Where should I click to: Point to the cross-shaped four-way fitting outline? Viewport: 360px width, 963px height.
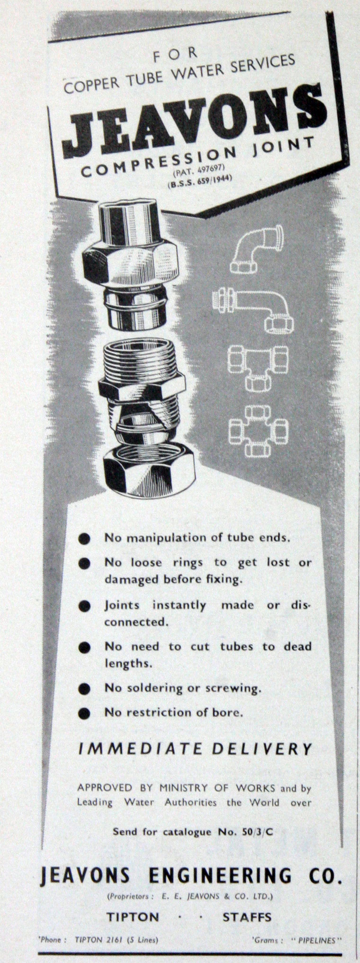tap(258, 431)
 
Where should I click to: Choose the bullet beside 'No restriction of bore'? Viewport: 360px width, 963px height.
tap(85, 713)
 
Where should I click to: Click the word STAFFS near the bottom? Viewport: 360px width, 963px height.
tap(247, 917)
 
